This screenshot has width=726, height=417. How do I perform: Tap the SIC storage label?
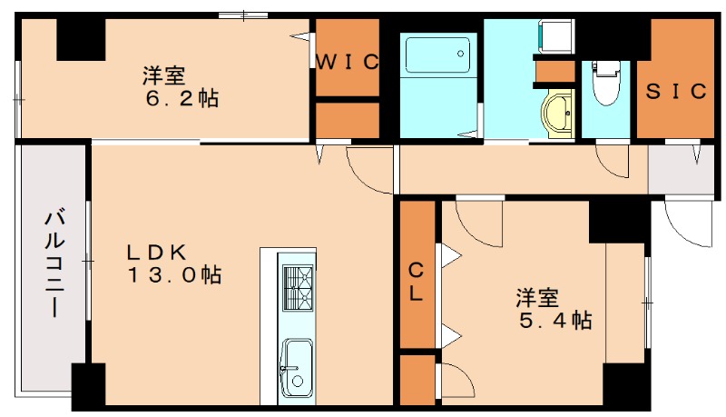676,91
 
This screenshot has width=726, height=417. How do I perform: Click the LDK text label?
156,251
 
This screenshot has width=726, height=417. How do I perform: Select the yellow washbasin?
556,114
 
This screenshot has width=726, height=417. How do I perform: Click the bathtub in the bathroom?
438,56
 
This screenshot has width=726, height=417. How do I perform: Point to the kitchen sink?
297,366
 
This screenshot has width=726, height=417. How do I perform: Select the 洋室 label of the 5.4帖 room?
537,296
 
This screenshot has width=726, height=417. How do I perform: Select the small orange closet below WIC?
347,120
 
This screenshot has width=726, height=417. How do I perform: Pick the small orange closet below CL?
417,379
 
